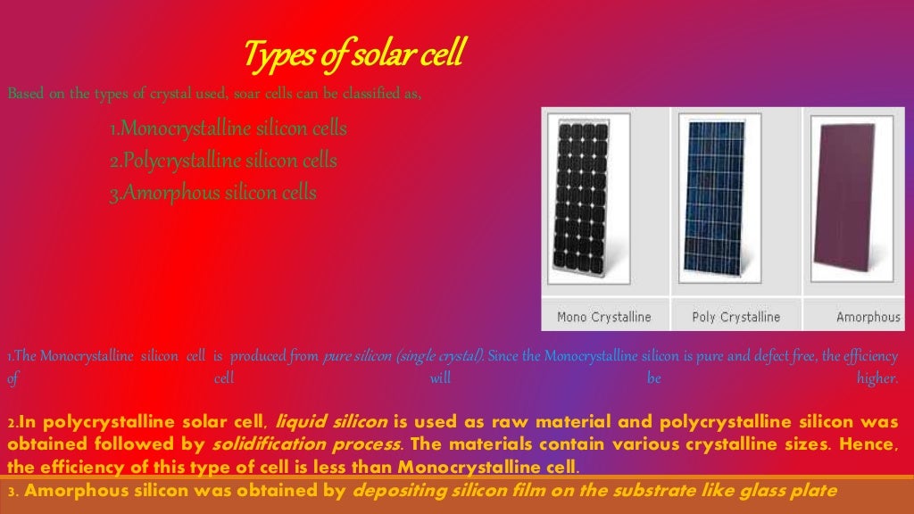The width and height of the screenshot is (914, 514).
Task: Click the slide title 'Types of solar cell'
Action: point(353,54)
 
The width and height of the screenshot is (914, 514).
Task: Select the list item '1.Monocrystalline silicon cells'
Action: point(228,129)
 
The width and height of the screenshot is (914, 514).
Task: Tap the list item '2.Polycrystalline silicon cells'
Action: point(223,162)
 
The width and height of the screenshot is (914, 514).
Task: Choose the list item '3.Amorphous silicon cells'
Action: point(212,193)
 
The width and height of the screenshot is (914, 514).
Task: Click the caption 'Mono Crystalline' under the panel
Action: point(603,317)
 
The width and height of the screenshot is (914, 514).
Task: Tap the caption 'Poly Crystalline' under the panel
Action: point(735,317)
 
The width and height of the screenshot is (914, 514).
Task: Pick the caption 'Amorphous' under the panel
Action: point(868,317)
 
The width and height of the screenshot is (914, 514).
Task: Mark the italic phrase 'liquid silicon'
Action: point(331,422)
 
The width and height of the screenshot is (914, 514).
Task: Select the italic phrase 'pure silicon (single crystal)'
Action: point(403,357)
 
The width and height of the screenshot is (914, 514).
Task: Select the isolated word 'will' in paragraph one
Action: point(441,378)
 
